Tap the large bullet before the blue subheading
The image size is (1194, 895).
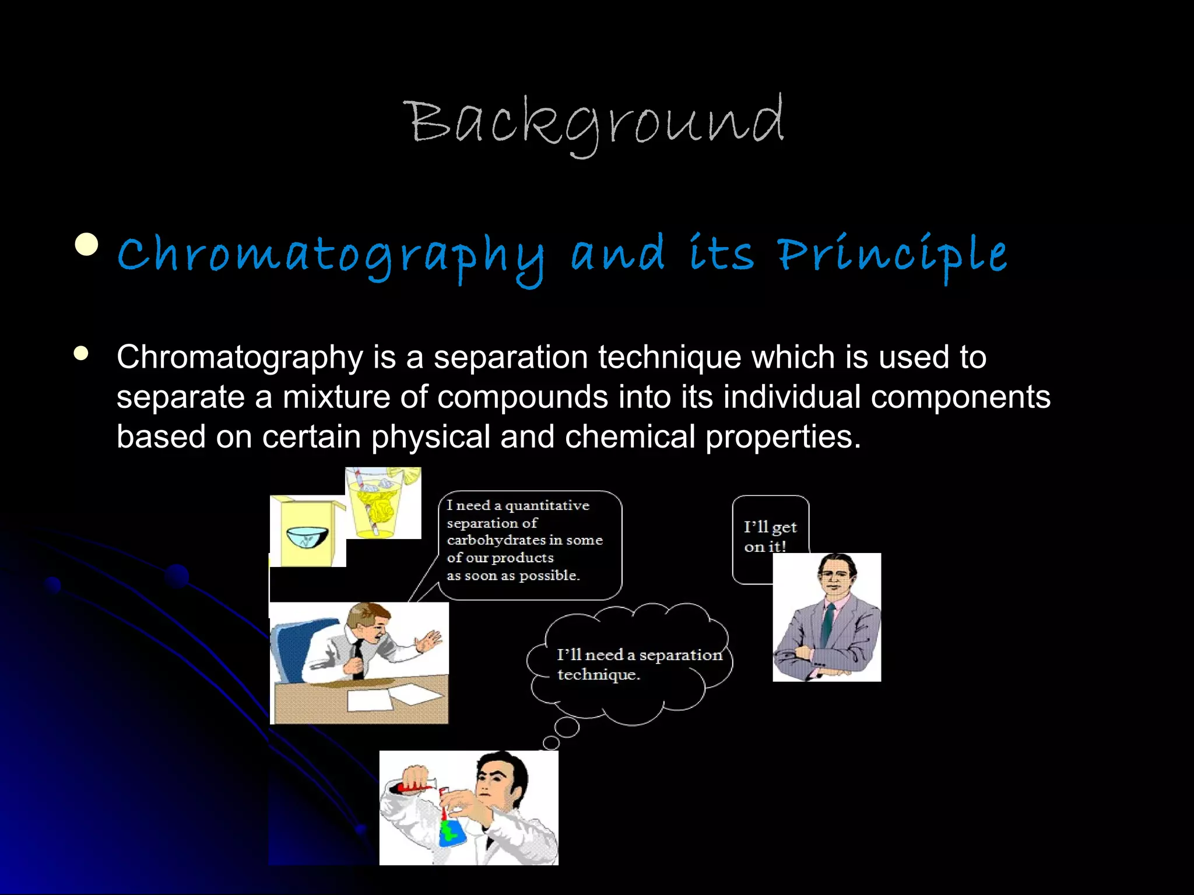tap(87, 244)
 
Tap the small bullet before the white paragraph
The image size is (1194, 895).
tap(81, 353)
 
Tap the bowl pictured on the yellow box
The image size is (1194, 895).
tap(308, 535)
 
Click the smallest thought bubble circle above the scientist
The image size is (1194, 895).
tap(551, 742)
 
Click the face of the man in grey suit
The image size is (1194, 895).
tap(835, 576)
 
